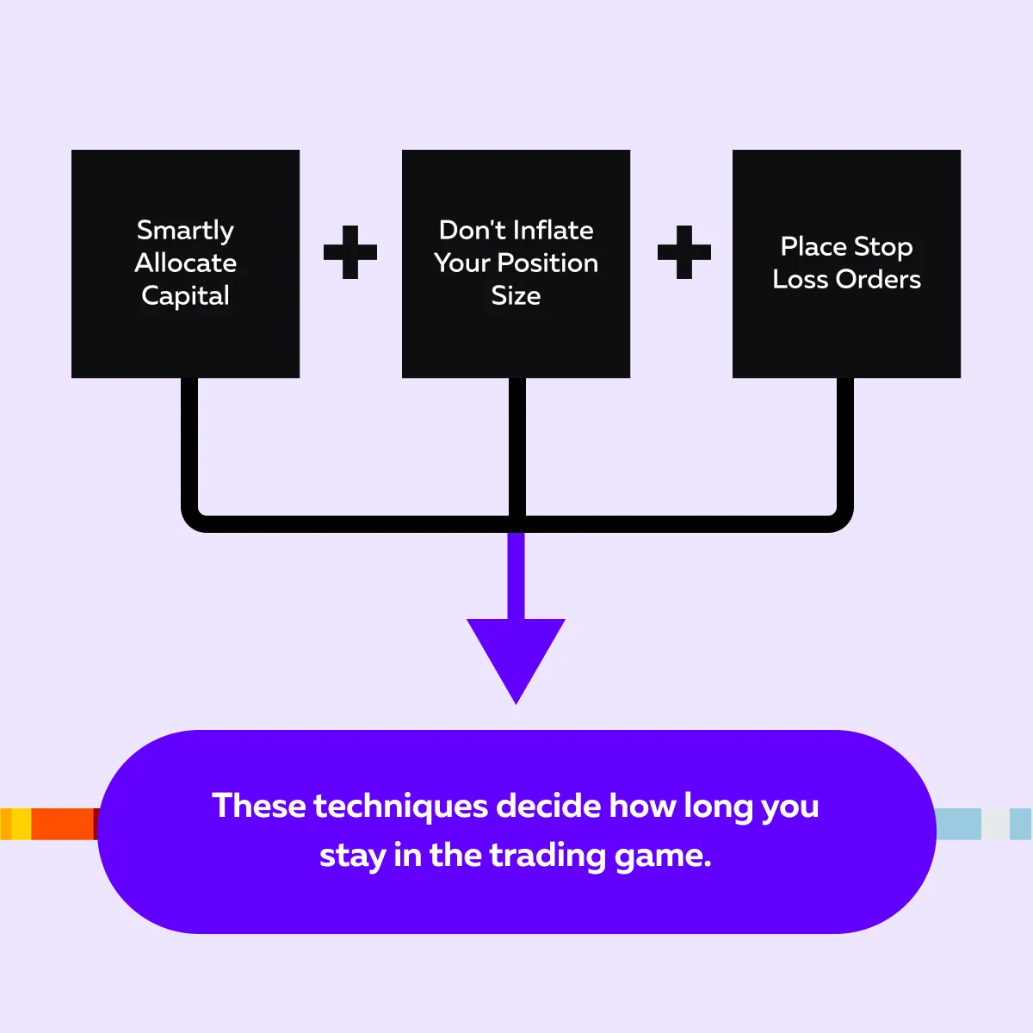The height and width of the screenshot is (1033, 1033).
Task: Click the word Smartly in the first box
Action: point(185,231)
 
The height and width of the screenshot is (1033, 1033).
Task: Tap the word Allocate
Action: point(185,263)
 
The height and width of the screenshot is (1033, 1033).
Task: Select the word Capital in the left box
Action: point(185,296)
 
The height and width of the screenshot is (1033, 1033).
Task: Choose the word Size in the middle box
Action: point(516,295)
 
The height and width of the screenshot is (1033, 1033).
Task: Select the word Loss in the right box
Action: point(800,279)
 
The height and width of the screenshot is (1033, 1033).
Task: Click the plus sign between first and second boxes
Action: point(350,252)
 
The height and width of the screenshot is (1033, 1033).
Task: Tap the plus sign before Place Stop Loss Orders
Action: point(684,252)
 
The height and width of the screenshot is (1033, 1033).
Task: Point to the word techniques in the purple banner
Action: point(402,807)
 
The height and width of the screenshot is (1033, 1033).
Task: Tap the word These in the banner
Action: point(258,806)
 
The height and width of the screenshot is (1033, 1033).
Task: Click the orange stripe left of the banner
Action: point(62,824)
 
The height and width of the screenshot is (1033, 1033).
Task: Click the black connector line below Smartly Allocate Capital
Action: point(190,448)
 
